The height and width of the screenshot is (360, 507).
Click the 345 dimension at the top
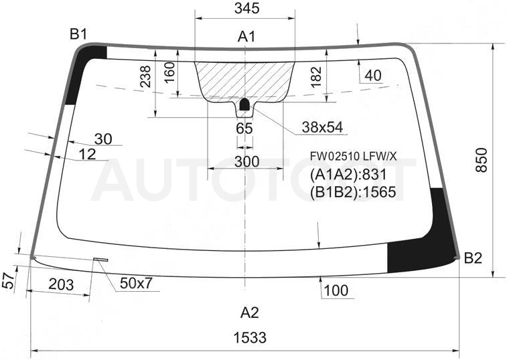pos(247,8)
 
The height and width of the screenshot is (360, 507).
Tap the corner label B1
pos(78,34)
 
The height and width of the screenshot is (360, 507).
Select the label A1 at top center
pos(246,37)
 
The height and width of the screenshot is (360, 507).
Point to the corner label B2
pos(473,258)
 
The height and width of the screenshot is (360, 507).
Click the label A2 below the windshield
pos(250,312)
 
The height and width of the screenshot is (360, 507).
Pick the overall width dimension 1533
pos(250,338)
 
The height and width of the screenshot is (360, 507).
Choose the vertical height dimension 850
pos(482,160)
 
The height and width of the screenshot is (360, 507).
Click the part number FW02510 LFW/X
pos(353,157)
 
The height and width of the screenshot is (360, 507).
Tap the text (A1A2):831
pos(348,175)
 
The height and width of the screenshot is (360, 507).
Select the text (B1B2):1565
pos(353,192)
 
